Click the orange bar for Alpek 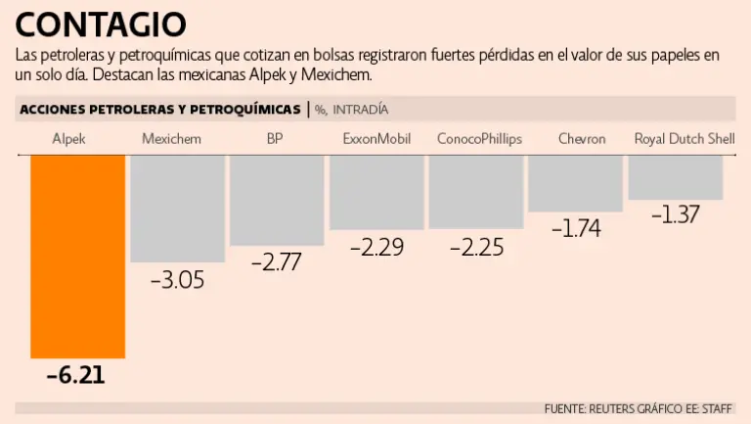78,257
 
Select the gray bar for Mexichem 177,208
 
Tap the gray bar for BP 277,200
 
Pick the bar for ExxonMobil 376,192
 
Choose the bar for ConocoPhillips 477,191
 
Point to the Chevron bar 576,183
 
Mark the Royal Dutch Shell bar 676,177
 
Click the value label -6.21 75,375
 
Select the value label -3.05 177,280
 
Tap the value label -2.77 277,262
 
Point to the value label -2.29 376,247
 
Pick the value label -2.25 477,247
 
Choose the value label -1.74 576,228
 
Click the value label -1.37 676,214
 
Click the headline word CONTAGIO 101,23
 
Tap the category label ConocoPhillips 479,139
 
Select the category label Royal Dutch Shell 685,139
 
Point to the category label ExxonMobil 376,139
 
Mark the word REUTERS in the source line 613,408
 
